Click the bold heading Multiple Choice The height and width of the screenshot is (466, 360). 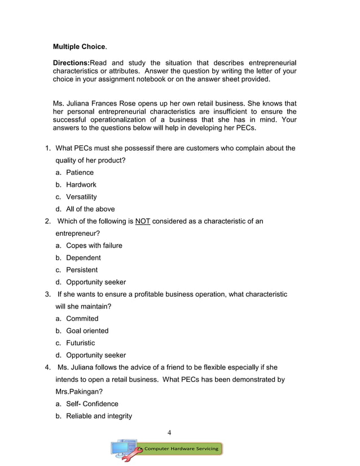pos(78,46)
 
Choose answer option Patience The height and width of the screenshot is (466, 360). pos(80,173)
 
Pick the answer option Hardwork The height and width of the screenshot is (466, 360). pos(81,185)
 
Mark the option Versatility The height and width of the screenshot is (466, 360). pos(81,197)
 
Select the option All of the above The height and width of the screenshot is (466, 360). pos(90,209)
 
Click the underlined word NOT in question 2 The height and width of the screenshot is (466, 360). pos(143,221)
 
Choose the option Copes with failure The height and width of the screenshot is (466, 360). pos(94,245)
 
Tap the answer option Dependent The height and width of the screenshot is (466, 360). pos(83,258)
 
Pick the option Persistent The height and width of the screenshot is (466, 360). pos(82,270)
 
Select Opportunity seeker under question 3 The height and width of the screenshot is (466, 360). pos(96,355)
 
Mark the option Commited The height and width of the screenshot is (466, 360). pos(82,319)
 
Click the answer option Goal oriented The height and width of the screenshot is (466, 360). pos(87,331)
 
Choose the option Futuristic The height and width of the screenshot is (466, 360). pos(80,343)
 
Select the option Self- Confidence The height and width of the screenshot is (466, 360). pos(92,404)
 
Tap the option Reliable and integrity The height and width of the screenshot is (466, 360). pos(99,416)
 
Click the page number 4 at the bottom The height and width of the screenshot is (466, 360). pos(169,433)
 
